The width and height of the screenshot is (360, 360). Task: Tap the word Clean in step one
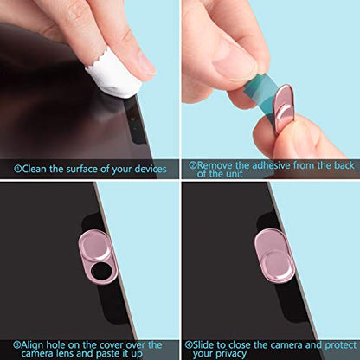pyautogui.click(x=34, y=169)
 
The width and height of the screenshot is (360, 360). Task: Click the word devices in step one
pyautogui.click(x=151, y=169)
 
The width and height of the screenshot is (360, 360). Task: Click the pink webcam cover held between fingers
pyautogui.click(x=283, y=107)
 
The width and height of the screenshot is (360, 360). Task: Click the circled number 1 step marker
pyautogui.click(x=17, y=169)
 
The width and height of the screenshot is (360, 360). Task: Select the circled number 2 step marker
pyautogui.click(x=192, y=165)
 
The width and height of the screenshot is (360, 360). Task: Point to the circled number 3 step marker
pyautogui.click(x=17, y=344)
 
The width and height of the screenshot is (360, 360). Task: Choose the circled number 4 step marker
pyautogui.click(x=189, y=344)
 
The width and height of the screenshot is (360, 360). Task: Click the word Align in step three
pyautogui.click(x=33, y=345)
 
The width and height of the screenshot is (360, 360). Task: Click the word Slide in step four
pyautogui.click(x=203, y=344)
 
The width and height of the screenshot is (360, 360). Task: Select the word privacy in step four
pyautogui.click(x=231, y=354)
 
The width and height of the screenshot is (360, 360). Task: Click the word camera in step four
pyautogui.click(x=286, y=345)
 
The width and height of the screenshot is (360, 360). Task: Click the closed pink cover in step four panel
pyautogui.click(x=274, y=255)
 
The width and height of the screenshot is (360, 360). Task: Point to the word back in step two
pyautogui.click(x=344, y=165)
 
